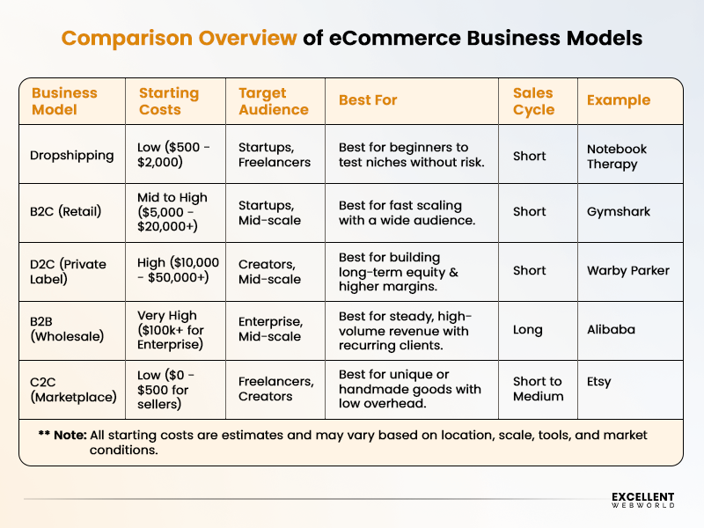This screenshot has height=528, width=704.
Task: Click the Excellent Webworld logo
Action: click(x=642, y=500)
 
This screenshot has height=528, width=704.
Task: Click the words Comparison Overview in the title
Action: click(x=179, y=39)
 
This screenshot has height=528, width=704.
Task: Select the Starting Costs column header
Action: click(x=169, y=101)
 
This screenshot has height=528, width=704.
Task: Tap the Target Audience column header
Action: click(x=274, y=101)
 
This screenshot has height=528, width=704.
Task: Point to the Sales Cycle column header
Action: click(x=533, y=101)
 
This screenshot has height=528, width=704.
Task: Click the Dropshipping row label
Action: click(x=73, y=156)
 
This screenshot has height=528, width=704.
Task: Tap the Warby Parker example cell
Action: click(x=628, y=271)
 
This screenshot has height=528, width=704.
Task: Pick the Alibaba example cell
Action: click(x=612, y=330)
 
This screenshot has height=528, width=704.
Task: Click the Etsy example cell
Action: click(x=599, y=382)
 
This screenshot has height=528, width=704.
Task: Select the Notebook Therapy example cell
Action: click(x=617, y=157)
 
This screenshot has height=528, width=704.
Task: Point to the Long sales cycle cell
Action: click(x=528, y=330)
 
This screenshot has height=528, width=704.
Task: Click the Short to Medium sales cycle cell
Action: click(x=539, y=389)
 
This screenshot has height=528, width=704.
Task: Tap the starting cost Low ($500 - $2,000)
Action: click(x=174, y=156)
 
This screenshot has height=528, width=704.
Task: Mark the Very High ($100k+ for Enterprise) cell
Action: click(x=174, y=330)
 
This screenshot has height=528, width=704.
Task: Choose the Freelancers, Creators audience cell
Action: click(x=275, y=389)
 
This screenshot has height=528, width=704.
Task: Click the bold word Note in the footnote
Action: click(x=70, y=436)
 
